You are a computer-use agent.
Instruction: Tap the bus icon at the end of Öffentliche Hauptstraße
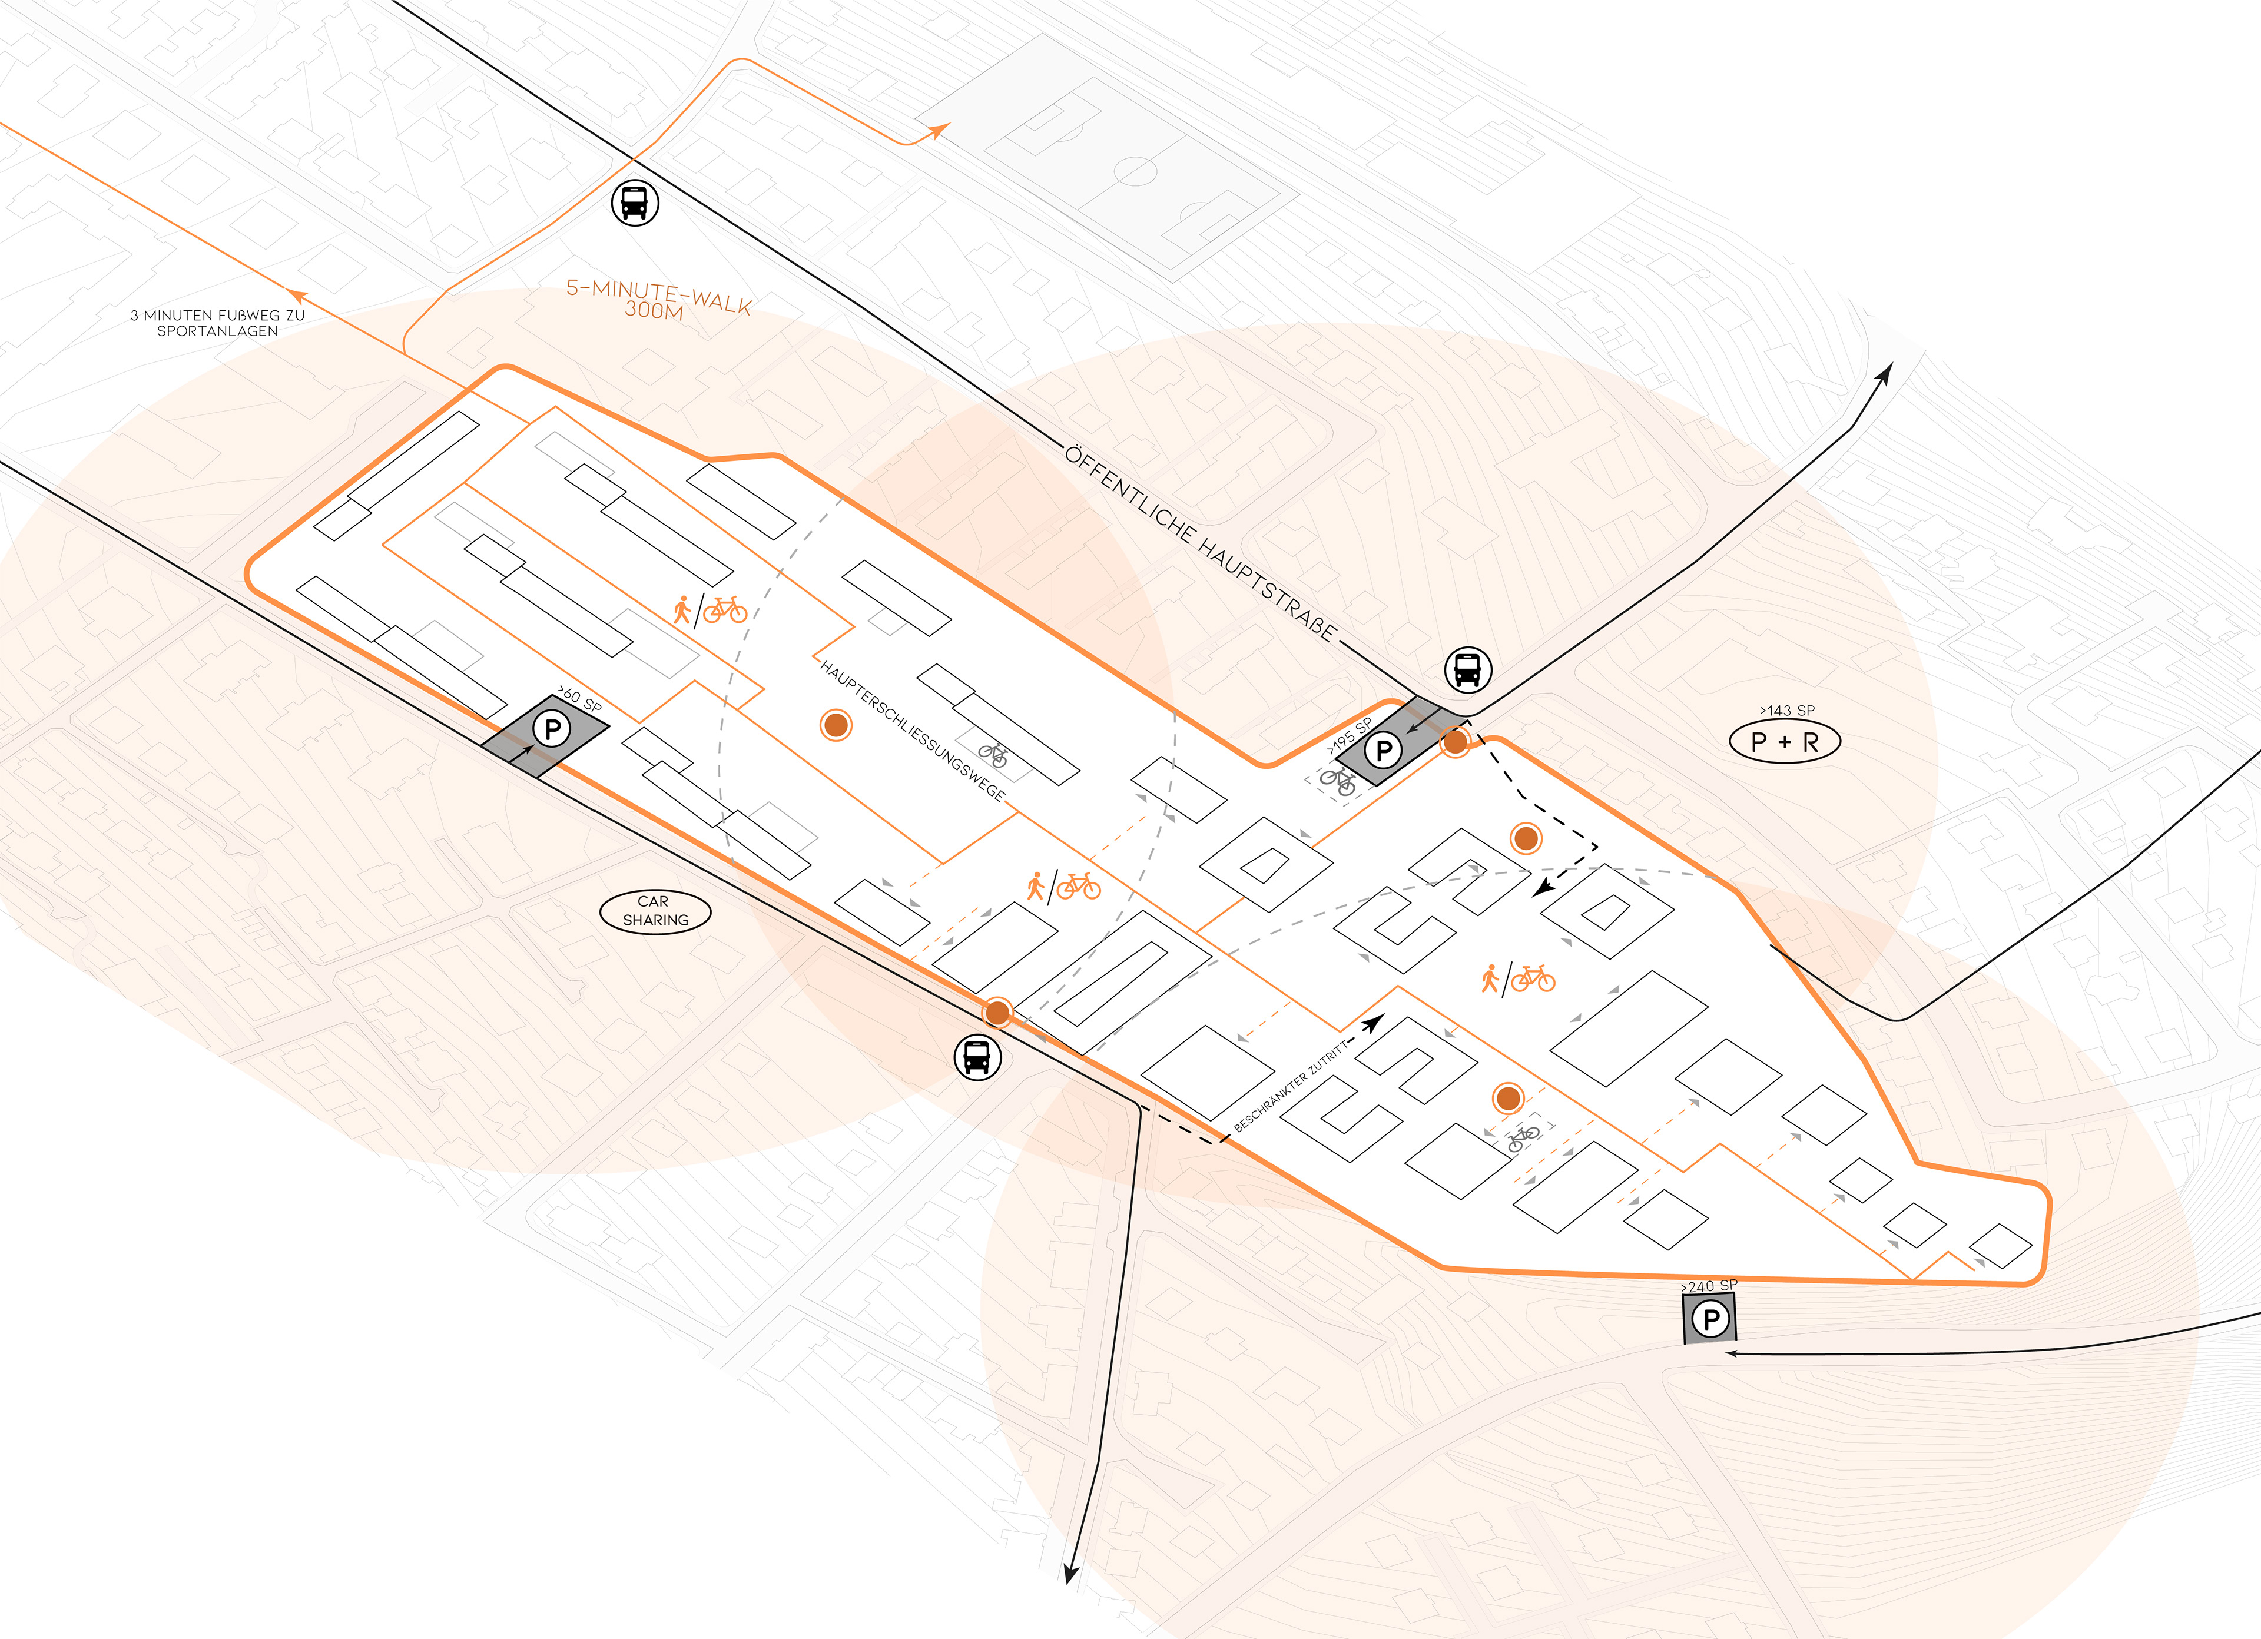pyautogui.click(x=1467, y=669)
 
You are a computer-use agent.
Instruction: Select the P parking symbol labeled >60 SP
pyautogui.click(x=551, y=729)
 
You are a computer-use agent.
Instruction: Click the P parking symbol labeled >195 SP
pyautogui.click(x=1383, y=749)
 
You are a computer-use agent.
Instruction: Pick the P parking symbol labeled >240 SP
pyautogui.click(x=1710, y=1319)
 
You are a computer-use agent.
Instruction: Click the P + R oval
pyautogui.click(x=1785, y=742)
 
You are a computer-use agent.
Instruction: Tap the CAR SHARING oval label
pyautogui.click(x=655, y=910)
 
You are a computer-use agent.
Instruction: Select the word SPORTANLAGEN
pyautogui.click(x=217, y=331)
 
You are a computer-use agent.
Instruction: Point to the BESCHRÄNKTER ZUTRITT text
pyautogui.click(x=1291, y=1084)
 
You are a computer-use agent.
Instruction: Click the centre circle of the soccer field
pyautogui.click(x=1135, y=171)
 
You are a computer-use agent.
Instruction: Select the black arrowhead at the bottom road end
pyautogui.click(x=1070, y=1573)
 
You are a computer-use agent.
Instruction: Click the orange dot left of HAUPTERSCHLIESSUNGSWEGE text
pyautogui.click(x=836, y=725)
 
